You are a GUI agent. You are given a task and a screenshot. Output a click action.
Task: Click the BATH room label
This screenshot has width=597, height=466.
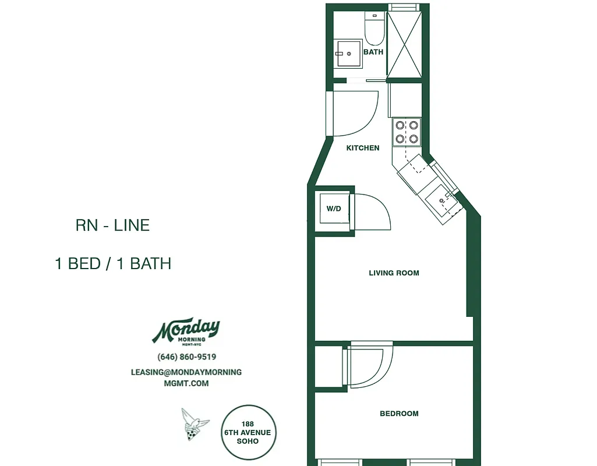pyautogui.click(x=373, y=52)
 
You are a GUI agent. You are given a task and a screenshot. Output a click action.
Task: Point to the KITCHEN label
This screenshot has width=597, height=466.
pyautogui.click(x=363, y=148)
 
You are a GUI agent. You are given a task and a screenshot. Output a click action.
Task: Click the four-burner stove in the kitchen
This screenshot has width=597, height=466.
pyautogui.click(x=407, y=131)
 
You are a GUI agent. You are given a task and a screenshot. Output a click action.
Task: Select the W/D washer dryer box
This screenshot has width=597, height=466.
pyautogui.click(x=334, y=209)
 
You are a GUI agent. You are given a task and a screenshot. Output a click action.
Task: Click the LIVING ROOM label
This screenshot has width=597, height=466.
pyautogui.click(x=394, y=273)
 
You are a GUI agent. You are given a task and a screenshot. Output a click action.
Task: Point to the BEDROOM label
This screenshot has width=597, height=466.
pyautogui.click(x=399, y=414)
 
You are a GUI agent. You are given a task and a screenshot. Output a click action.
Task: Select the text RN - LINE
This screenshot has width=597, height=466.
pyautogui.click(x=112, y=225)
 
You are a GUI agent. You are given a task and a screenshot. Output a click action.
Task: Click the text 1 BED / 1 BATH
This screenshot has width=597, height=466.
pyautogui.click(x=112, y=263)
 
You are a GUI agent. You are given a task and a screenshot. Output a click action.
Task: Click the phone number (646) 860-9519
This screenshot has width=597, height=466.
pyautogui.click(x=186, y=356)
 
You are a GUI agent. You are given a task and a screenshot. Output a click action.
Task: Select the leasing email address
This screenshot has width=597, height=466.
pyautogui.click(x=186, y=377)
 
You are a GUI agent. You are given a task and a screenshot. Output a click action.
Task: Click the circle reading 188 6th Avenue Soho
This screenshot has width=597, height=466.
pyautogui.click(x=248, y=432)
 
